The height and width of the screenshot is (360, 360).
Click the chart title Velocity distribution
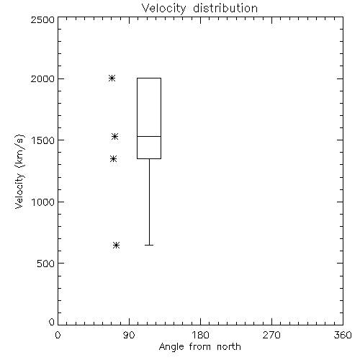pyautogui.click(x=199, y=9)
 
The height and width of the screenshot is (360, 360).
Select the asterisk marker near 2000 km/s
pyautogui.click(x=112, y=78)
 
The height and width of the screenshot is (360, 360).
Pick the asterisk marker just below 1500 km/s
pyautogui.click(x=114, y=137)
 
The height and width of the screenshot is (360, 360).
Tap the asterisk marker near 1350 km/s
pyautogui.click(x=113, y=158)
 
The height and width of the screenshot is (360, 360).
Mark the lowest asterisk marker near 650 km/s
pyautogui.click(x=116, y=245)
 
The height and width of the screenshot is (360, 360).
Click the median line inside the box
pyautogui.click(x=149, y=136)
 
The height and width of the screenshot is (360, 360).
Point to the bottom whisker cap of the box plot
pyautogui.click(x=149, y=245)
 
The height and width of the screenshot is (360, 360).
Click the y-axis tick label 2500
pyautogui.click(x=42, y=19)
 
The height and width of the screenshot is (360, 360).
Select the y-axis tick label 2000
pyautogui.click(x=42, y=78)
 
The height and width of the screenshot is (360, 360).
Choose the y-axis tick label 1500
pyautogui.click(x=43, y=140)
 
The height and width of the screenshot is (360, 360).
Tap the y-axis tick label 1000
pyautogui.click(x=43, y=202)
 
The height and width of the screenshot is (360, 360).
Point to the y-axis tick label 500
pyautogui.click(x=46, y=264)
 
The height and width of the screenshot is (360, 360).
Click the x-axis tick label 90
pyautogui.click(x=129, y=335)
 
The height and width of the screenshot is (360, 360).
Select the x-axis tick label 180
pyautogui.click(x=200, y=335)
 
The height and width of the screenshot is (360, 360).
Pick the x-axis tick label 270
pyautogui.click(x=271, y=335)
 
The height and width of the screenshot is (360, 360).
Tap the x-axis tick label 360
pyautogui.click(x=343, y=335)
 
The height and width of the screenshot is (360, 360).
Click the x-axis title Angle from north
pyautogui.click(x=200, y=347)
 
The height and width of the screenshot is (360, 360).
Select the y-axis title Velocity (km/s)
pyautogui.click(x=19, y=171)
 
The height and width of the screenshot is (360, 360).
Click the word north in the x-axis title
pyautogui.click(x=229, y=347)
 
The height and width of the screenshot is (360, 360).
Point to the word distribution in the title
pyautogui.click(x=225, y=8)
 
